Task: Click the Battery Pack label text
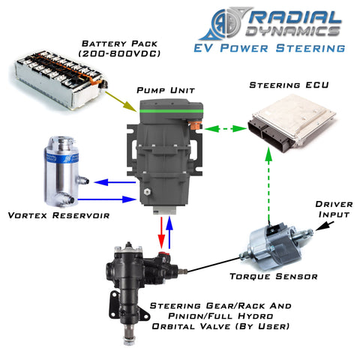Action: pyautogui.click(x=119, y=49)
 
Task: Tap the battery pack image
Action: pyautogui.click(x=60, y=79)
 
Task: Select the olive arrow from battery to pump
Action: pyautogui.click(x=121, y=101)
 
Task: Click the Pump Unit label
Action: pyautogui.click(x=166, y=90)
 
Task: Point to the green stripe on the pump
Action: pyautogui.click(x=171, y=111)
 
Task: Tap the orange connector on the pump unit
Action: pyautogui.click(x=195, y=125)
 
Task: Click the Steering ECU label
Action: pyautogui.click(x=289, y=85)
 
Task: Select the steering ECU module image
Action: pyautogui.click(x=292, y=123)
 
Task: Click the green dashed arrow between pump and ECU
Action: pyautogui.click(x=226, y=129)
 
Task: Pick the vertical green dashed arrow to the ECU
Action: pyautogui.click(x=268, y=184)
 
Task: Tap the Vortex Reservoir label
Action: pyautogui.click(x=58, y=215)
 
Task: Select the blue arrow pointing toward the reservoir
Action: pyautogui.click(x=115, y=182)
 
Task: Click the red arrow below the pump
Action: pyautogui.click(x=162, y=232)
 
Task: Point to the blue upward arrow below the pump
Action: pyautogui.click(x=169, y=232)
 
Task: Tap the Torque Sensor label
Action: pyautogui.click(x=274, y=277)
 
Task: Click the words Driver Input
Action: pyautogui.click(x=334, y=209)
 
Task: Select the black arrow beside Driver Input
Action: pyautogui.click(x=325, y=226)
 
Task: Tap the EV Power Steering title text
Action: pyautogui.click(x=269, y=48)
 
